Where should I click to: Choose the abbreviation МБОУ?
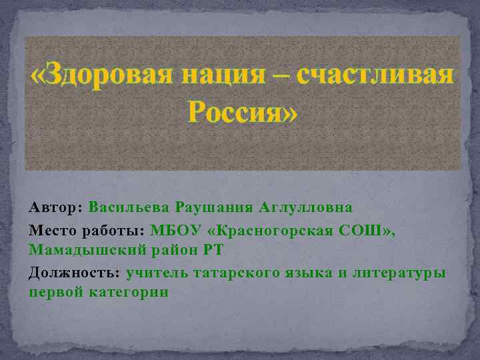(x=171, y=231)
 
